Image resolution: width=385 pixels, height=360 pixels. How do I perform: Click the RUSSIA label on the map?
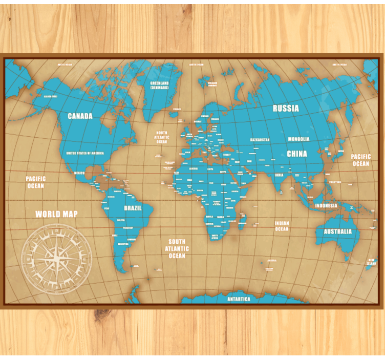tap(286, 108)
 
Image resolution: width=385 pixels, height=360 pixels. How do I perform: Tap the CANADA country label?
tap(80, 116)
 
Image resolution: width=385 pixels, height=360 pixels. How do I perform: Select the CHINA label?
tap(297, 154)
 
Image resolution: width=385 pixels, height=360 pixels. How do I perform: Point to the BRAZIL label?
tap(133, 208)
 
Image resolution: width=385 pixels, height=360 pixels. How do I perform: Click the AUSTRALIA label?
tap(337, 231)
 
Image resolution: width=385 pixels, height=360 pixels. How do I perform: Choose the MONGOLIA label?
tap(298, 139)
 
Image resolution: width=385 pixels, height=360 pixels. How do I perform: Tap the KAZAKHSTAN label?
tap(260, 140)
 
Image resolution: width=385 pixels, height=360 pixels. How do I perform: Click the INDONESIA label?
tap(326, 206)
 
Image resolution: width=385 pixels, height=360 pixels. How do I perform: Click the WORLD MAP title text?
tap(56, 214)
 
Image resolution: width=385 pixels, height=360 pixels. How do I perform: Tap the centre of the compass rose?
tap(56, 256)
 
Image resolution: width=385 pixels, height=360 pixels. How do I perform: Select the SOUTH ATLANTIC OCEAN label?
tap(177, 248)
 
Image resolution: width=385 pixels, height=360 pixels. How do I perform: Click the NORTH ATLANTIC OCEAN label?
tap(161, 137)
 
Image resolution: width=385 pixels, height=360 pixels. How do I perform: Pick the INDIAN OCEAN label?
tap(282, 226)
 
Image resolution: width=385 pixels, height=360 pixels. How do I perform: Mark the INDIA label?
tap(279, 175)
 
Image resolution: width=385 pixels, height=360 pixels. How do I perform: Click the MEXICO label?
tap(79, 173)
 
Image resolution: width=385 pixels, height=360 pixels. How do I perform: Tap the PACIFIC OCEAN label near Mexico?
tap(36, 182)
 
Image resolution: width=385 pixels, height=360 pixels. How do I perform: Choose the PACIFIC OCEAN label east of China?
tap(360, 160)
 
